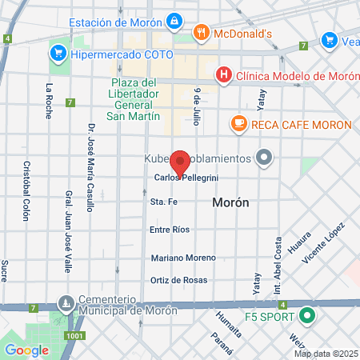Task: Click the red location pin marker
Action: (180, 163)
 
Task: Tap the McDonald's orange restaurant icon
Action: (201, 33)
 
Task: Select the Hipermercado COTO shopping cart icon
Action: (57, 54)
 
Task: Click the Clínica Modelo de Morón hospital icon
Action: (224, 75)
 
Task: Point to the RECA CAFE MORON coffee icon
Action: (238, 124)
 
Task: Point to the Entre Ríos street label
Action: (170, 230)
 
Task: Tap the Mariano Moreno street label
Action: (183, 258)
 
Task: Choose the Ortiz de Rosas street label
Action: (179, 280)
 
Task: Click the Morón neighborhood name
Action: (230, 203)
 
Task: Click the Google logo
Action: (26, 350)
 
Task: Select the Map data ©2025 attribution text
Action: (326, 354)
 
